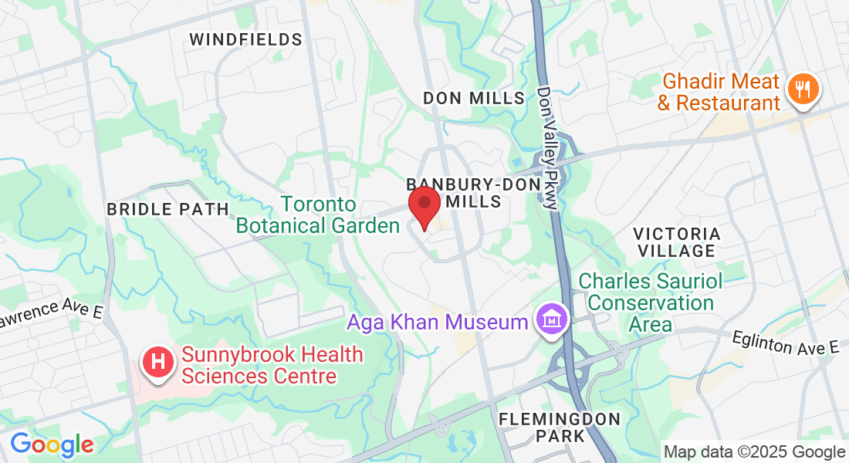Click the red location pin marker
[x=424, y=205]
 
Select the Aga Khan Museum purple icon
[x=553, y=319]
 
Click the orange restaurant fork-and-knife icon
[x=803, y=89]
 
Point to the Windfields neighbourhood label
[x=245, y=39]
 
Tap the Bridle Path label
[x=167, y=209]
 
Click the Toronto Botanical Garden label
[x=318, y=215]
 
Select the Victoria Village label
[x=677, y=242]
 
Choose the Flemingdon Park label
[x=560, y=427]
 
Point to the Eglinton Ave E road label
[x=785, y=343]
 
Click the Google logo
[x=52, y=444]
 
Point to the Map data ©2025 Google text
[x=754, y=452]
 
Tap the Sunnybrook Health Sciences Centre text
[x=272, y=365]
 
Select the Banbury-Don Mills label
[x=454, y=192]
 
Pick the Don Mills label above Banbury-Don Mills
[x=474, y=98]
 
